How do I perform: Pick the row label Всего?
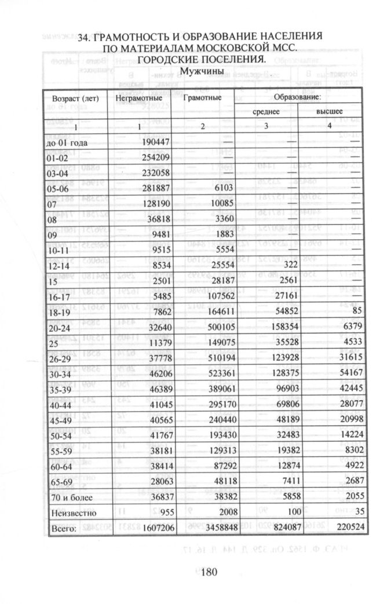[60, 528]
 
